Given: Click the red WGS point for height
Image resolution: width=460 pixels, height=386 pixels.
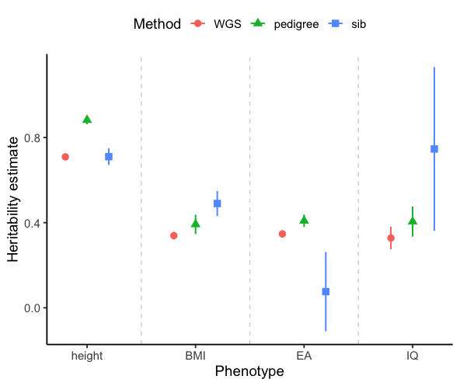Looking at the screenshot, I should coord(65,157).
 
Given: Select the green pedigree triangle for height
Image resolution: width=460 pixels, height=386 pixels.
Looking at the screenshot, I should coord(87,120).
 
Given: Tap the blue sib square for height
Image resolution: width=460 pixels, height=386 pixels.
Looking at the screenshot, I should coord(109,157).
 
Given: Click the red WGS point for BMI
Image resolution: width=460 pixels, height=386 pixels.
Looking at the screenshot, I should coord(174,235).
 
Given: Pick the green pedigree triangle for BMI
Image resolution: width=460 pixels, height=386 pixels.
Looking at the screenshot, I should coord(196,224).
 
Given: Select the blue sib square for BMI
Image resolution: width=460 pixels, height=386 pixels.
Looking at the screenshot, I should coord(218,203).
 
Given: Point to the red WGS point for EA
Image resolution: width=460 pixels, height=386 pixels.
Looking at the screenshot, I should coord(283,234).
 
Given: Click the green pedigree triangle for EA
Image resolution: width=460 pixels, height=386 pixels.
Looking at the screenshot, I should coord(305,220).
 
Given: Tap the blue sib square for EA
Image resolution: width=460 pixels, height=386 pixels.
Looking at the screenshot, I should coord(326,291).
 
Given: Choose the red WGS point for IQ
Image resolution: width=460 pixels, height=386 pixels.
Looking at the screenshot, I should coord(391,238).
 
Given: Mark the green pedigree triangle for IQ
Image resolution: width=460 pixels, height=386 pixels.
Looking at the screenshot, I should coord(413,221).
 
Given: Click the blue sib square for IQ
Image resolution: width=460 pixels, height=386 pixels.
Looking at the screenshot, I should coord(434,148).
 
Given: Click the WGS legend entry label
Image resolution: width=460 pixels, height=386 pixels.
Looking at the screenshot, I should coord(226,24).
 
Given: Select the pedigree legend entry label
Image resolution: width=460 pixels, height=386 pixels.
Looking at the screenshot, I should coord(296,24).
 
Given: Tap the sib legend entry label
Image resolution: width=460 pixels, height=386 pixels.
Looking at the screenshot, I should coord(357,24).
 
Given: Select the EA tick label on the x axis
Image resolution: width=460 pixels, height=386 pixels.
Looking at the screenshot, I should coord(304,356).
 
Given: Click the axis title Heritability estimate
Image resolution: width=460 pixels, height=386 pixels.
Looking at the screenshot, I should coord(13,199).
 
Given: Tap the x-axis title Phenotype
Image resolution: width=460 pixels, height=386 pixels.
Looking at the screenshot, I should coord(249,372).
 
